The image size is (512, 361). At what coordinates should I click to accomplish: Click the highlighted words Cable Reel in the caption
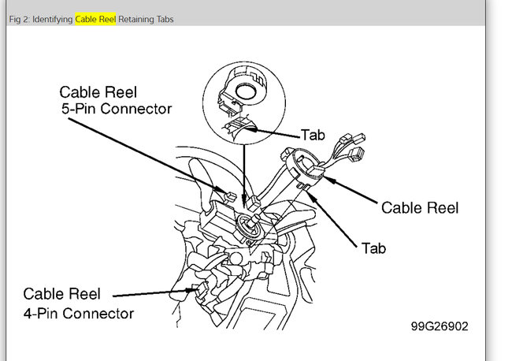[x=95, y=19]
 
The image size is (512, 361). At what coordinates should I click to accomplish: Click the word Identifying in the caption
[x=51, y=19]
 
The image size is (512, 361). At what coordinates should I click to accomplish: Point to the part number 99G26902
[x=438, y=326]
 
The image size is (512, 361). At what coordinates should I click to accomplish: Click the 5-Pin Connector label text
[x=116, y=110]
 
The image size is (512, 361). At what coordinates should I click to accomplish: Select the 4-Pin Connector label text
[x=78, y=313]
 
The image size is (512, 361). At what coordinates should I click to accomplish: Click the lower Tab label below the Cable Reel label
[x=373, y=247]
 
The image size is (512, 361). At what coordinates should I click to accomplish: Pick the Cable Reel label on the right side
[x=419, y=208]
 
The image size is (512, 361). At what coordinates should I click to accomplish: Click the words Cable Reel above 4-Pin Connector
[x=61, y=294]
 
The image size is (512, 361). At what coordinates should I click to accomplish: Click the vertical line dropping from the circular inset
[x=244, y=169]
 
